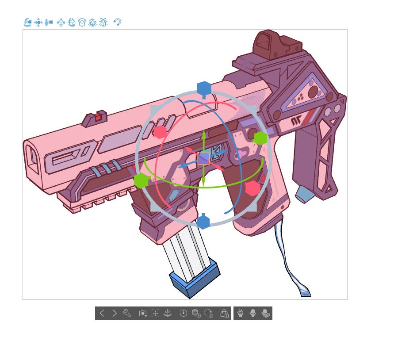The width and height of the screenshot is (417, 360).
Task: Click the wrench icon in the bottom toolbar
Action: pos(127,313)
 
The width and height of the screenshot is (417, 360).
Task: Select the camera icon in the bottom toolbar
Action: pos(142,313)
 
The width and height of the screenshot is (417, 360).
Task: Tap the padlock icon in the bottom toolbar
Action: pos(224,313)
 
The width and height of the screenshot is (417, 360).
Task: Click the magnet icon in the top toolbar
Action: pos(117,22)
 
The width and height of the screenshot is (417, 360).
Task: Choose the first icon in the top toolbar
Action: pos(27,22)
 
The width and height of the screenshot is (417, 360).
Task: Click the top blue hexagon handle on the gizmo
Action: pos(203,88)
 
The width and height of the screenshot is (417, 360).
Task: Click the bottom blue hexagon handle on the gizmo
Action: pos(203,222)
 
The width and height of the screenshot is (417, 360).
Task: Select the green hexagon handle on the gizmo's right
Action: pos(260,138)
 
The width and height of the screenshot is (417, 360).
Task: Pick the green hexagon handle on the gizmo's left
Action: pos(141,180)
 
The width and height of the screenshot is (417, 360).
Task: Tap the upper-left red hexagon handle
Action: pos(160,131)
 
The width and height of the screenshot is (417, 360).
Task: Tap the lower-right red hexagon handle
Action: pos(252,188)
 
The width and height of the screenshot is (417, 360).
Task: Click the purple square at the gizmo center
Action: pos(204,158)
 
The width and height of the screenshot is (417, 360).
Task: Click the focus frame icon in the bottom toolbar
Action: pos(155,313)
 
